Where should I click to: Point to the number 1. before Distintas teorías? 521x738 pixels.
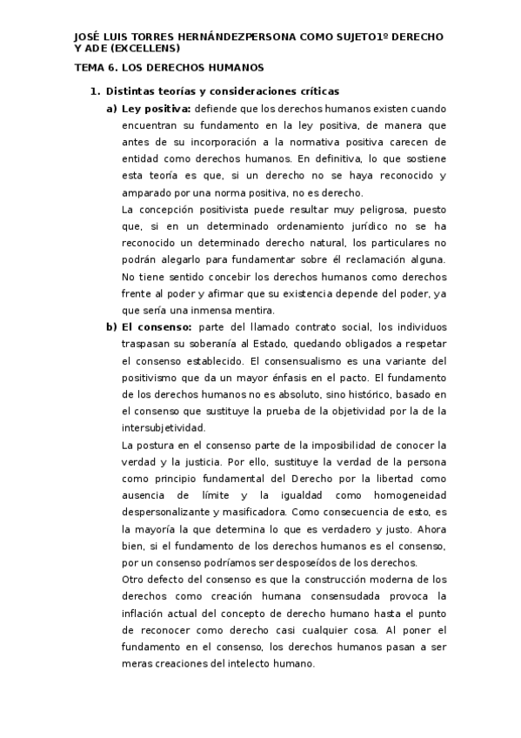click(x=97, y=91)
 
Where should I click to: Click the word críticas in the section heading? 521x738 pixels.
click(x=315, y=91)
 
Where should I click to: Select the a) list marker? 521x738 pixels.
click(x=111, y=109)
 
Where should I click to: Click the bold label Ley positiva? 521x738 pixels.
click(x=157, y=109)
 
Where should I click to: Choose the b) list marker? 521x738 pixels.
click(x=111, y=326)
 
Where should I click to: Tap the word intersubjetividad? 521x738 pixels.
click(x=164, y=427)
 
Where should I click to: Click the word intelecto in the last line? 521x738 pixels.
click(x=243, y=663)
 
